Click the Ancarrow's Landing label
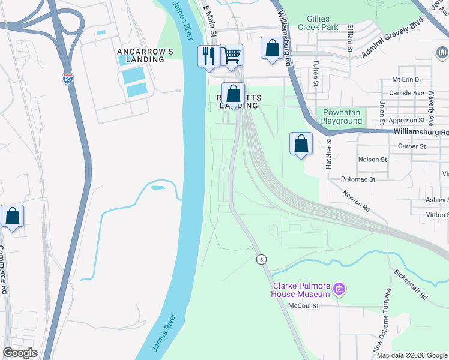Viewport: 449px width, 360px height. pyautogui.click(x=145, y=55)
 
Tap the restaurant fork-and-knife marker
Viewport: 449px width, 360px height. pyautogui.click(x=208, y=57)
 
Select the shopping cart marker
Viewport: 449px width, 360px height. pyautogui.click(x=231, y=55)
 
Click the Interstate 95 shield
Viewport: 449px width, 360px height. pyautogui.click(x=68, y=79)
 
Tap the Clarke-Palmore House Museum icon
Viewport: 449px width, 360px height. pyautogui.click(x=339, y=290)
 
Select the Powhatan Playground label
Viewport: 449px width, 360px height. pyautogui.click(x=342, y=116)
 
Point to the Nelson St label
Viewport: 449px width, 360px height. pyautogui.click(x=373, y=160)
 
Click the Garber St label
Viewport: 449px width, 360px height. pyautogui.click(x=412, y=146)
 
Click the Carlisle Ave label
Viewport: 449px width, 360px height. pyautogui.click(x=406, y=93)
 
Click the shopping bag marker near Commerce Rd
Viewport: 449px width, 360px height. pyautogui.click(x=12, y=217)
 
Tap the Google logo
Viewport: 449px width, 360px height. pyautogui.click(x=20, y=353)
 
